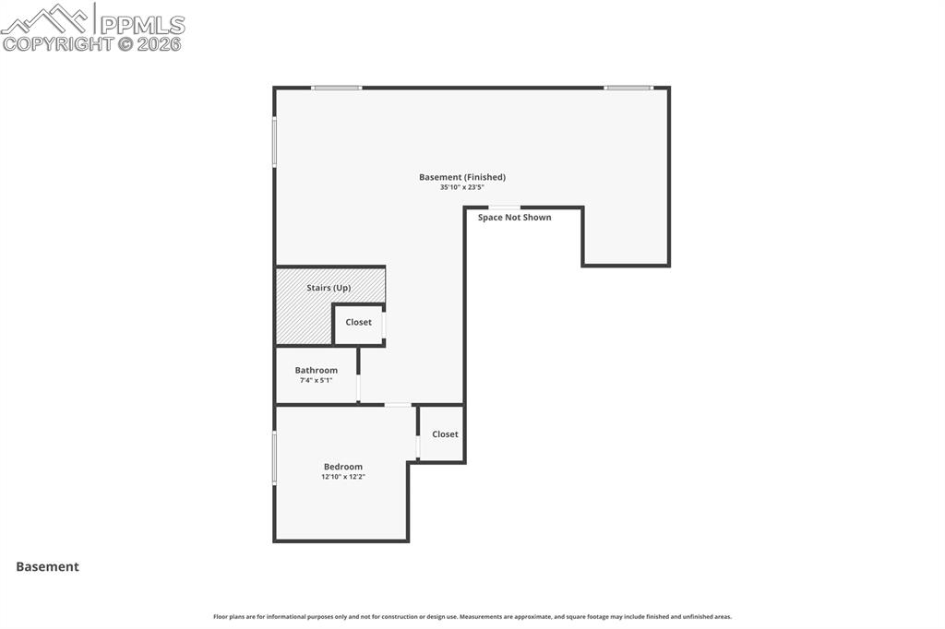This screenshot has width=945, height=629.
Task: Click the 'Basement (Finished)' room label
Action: pos(461,177)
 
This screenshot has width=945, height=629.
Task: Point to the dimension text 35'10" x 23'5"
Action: pos(461,187)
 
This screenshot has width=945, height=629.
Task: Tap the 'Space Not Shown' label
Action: pos(514,218)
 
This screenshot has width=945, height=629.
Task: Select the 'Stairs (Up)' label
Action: pos(329,288)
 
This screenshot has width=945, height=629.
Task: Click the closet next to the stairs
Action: pos(359,323)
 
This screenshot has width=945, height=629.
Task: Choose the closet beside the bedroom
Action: pos(445,434)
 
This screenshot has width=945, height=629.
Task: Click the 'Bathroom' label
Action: pos(317,370)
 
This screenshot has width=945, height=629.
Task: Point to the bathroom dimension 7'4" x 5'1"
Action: pos(317,380)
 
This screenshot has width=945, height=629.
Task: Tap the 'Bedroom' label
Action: pos(342,467)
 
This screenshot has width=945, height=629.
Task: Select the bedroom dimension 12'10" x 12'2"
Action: pos(342,477)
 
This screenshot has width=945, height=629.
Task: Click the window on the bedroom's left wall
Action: pos(274,457)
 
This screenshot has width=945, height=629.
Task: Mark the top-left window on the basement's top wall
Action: pos(337,88)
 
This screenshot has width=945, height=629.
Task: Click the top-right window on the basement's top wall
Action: pos(628,88)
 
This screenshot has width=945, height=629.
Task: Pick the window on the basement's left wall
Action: pos(274,141)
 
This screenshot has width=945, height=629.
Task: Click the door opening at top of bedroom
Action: pos(399,405)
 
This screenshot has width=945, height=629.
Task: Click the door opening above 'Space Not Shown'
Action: pos(504,208)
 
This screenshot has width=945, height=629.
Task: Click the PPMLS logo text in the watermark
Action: pos(142,24)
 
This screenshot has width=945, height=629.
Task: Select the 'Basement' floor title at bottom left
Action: pos(47,567)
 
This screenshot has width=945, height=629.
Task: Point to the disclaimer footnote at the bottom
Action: pos(472,616)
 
